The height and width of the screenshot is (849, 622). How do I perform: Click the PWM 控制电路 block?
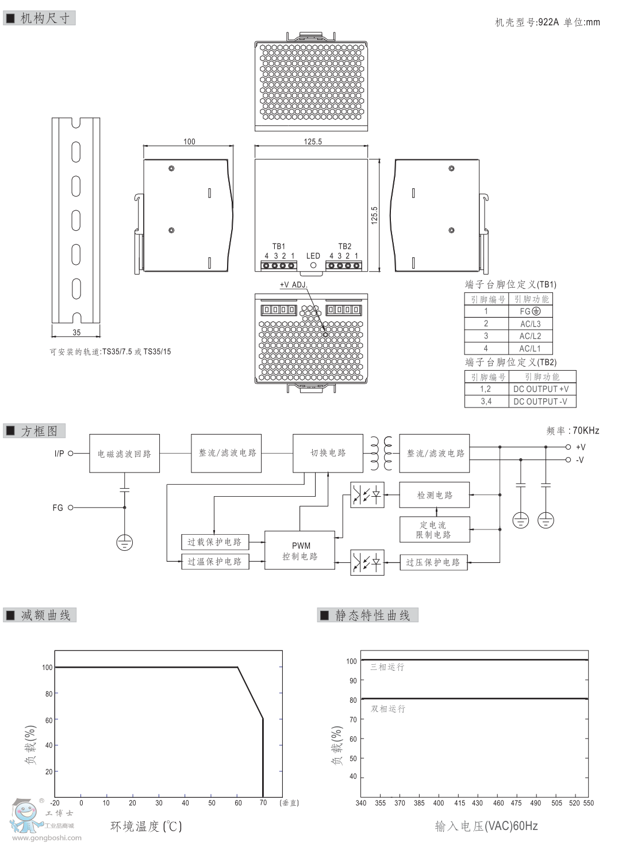coord(300,551)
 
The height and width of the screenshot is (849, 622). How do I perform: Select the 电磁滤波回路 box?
coord(124,454)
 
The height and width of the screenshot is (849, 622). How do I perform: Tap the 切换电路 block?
coord(328,453)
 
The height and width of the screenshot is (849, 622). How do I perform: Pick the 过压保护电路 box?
coord(433,562)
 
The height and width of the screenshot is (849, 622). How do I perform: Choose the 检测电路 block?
coord(435,495)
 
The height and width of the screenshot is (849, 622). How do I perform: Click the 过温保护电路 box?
coord(214,562)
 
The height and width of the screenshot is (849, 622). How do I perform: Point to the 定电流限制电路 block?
coord(435,530)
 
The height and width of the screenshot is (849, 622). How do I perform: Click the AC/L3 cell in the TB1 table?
coord(530,323)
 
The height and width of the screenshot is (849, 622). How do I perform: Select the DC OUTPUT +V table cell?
coord(541,389)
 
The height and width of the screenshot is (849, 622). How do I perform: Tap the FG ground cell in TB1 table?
coord(530,311)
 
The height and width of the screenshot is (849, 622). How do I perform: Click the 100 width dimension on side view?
coord(189,142)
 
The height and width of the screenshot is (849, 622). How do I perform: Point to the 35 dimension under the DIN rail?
coord(76,333)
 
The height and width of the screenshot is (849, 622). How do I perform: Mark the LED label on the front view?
coord(313,256)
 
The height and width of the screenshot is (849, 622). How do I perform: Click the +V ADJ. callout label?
coord(294,285)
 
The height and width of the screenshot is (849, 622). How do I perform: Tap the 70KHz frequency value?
coord(586,431)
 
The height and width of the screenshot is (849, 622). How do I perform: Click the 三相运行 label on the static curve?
coord(387,667)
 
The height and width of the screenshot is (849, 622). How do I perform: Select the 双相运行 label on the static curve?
coord(388,709)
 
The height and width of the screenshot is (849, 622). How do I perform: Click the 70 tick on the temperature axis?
coord(263,803)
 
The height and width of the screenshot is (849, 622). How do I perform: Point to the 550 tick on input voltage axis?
coord(588,803)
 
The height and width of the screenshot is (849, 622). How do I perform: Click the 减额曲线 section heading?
coord(45,615)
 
